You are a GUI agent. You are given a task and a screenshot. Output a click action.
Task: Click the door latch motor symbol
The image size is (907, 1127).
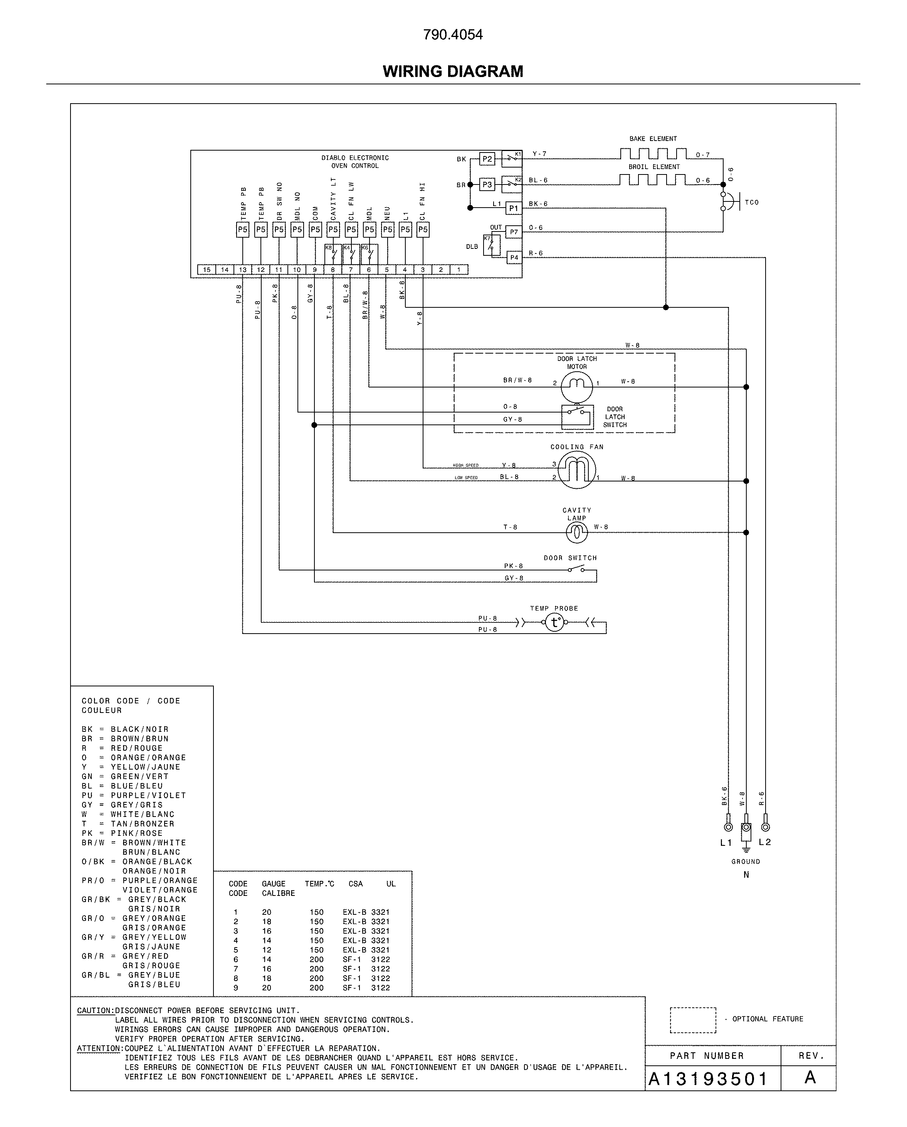click(x=577, y=387)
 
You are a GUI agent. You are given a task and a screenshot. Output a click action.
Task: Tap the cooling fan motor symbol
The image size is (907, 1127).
click(x=577, y=470)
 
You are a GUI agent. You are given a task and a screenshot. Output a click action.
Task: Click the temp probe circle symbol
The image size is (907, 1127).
click(x=555, y=622)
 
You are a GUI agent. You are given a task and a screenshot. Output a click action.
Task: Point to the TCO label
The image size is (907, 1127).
click(x=752, y=202)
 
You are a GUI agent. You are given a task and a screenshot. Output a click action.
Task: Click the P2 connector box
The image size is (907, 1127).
click(x=487, y=159)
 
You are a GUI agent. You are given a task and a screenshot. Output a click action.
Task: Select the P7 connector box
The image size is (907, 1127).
click(x=514, y=231)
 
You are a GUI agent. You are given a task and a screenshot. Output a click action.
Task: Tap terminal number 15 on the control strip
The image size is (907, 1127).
click(x=207, y=270)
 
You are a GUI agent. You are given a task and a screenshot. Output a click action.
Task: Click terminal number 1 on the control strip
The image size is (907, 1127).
click(x=459, y=270)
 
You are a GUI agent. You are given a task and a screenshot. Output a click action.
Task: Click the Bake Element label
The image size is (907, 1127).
click(x=652, y=139)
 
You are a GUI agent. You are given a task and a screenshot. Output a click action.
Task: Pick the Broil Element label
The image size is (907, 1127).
click(x=654, y=167)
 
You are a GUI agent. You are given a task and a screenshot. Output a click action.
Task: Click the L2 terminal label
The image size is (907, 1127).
click(x=765, y=842)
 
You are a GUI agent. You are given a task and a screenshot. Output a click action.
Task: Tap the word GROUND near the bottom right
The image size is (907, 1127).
click(x=746, y=862)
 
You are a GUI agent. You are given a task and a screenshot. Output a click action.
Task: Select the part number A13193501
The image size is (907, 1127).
click(x=708, y=1079)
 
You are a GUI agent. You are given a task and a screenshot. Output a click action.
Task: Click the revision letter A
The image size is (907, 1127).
click(x=810, y=1077)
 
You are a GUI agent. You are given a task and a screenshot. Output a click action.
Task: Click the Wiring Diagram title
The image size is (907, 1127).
click(x=453, y=71)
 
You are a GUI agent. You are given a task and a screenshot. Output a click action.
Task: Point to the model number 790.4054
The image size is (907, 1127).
click(x=453, y=35)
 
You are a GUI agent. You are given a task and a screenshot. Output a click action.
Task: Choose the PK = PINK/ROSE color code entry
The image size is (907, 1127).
click(x=122, y=833)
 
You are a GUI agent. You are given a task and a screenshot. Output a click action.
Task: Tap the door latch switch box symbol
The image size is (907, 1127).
click(x=577, y=417)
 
